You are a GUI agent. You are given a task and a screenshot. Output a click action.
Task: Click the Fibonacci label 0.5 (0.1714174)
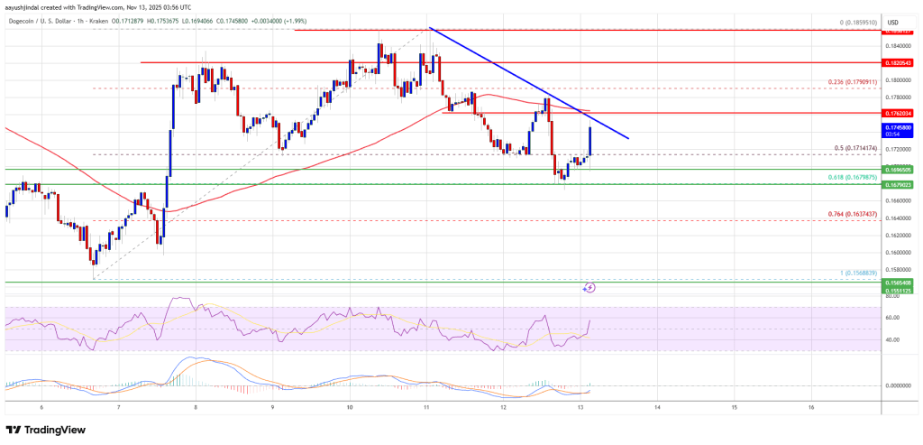853,148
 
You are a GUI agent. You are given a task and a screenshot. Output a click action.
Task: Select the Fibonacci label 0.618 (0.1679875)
849,178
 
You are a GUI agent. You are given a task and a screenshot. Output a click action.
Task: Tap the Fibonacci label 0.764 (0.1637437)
849,214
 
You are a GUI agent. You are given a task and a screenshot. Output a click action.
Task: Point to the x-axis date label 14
658,408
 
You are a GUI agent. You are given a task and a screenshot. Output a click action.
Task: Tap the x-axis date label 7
118,408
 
